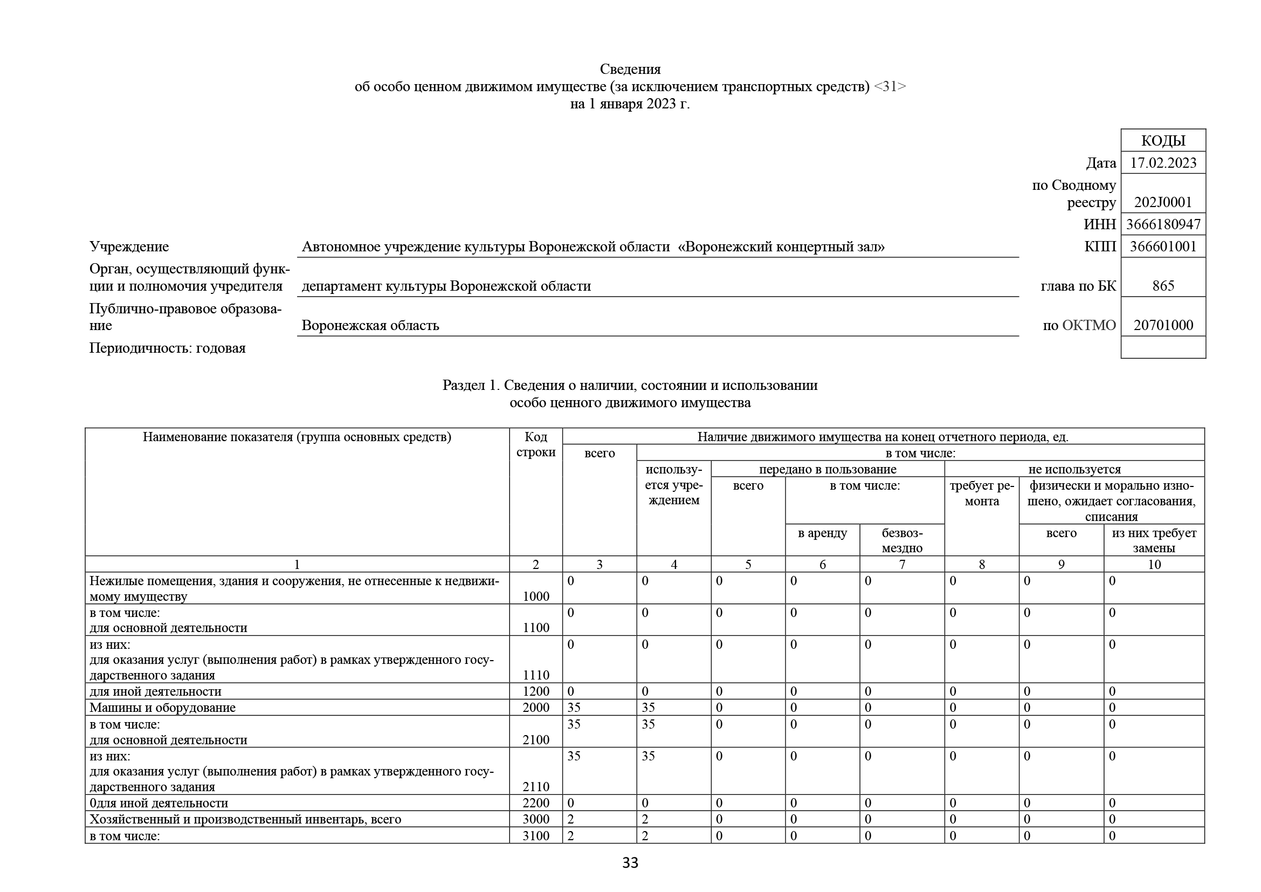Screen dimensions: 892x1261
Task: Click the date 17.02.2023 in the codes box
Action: point(1163,163)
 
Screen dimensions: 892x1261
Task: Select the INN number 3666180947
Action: point(1163,225)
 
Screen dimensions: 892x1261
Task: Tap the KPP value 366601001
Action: point(1163,246)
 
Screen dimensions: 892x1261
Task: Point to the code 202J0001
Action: point(1163,202)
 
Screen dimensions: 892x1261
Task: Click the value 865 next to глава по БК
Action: point(1163,286)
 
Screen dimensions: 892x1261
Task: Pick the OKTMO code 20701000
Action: point(1163,325)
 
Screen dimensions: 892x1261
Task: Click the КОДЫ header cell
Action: point(1163,141)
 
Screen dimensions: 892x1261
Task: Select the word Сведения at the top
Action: point(630,69)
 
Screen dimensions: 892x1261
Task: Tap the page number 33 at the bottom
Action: point(630,863)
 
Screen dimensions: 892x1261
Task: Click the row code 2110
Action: point(535,786)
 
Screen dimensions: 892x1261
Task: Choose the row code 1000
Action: point(535,596)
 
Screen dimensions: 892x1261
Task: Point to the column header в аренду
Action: point(822,533)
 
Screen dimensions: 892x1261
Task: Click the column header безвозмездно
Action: point(902,540)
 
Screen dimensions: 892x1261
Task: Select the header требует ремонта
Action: point(981,493)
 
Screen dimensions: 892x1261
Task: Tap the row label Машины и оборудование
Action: point(163,708)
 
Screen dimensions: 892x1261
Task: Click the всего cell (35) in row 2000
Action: point(574,708)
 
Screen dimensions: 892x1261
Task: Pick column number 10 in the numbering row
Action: point(1154,565)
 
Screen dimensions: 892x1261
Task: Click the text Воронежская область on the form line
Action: point(370,326)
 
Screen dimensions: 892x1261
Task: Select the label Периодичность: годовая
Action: point(168,348)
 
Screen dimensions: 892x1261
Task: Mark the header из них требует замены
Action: point(1154,540)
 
